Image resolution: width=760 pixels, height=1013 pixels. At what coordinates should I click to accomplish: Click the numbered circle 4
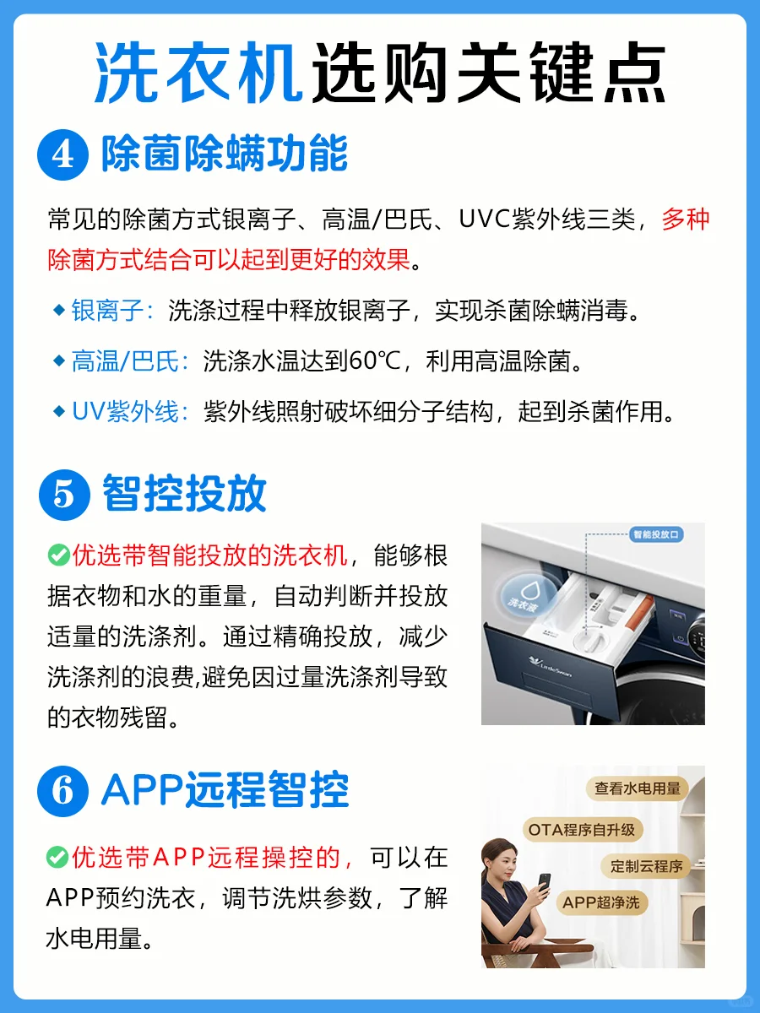coord(62,155)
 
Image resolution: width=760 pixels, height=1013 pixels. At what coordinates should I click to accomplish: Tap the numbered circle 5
coord(64,496)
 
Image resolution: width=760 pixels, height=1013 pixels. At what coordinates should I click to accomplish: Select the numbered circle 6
coord(62,791)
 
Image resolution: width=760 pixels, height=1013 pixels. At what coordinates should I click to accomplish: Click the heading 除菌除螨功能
coord(225,154)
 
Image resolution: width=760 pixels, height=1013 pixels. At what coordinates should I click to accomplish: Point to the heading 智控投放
coord(185,493)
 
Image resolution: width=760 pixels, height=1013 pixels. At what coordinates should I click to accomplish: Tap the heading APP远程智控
coord(225,789)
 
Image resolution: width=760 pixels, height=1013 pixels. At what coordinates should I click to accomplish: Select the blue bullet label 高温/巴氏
coord(125,361)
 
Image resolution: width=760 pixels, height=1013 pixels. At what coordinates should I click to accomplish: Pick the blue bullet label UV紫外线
coord(125,412)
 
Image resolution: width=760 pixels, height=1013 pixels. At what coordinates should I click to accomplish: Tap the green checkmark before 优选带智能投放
coord(58,555)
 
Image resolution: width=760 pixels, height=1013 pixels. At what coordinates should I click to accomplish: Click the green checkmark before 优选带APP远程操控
coord(57,858)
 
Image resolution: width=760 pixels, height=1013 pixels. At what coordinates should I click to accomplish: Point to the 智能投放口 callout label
coord(656,535)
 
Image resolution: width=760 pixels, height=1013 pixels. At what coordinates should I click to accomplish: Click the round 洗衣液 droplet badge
coord(525,595)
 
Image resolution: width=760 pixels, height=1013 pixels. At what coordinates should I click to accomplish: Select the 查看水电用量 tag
coord(638,788)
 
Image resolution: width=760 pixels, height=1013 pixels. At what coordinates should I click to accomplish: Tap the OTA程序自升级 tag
coord(583,831)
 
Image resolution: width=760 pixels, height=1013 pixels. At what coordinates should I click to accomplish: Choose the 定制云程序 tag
coord(646,866)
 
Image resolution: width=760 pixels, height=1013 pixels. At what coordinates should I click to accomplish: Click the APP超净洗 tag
coord(601,902)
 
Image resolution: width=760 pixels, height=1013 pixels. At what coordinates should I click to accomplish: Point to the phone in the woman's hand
coord(545,883)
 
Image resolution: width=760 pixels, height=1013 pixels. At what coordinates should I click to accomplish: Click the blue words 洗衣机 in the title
coord(198,72)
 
